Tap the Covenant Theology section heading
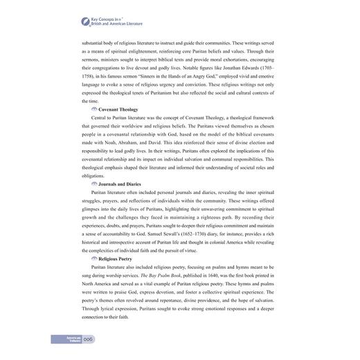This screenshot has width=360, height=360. click(x=118, y=109)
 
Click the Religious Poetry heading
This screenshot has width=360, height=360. click(x=116, y=258)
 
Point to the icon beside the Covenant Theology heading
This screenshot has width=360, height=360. click(x=94, y=109)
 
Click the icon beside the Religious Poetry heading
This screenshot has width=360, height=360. click(x=94, y=258)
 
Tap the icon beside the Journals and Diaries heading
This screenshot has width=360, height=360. click(x=94, y=183)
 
